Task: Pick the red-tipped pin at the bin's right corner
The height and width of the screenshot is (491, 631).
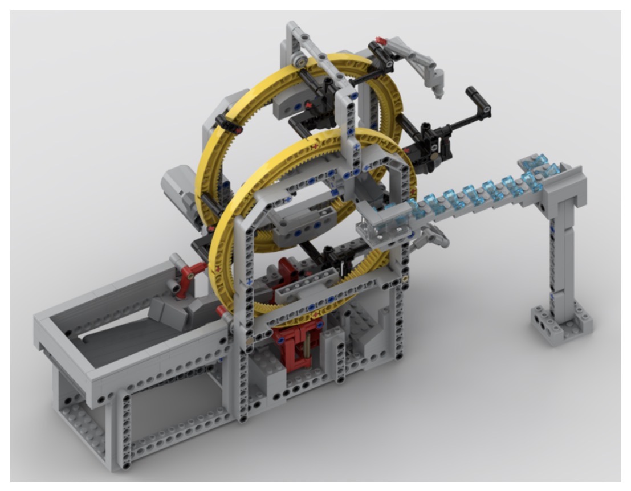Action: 220,311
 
